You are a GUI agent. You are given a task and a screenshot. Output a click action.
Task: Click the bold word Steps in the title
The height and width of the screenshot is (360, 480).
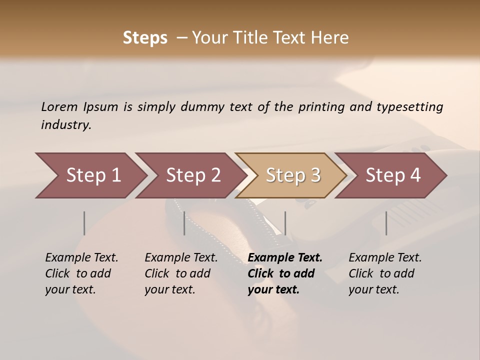(x=145, y=38)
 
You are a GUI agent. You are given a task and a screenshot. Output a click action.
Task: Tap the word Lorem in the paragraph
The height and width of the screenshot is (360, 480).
(x=59, y=106)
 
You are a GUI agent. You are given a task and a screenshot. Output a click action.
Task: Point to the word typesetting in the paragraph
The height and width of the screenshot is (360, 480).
(x=409, y=107)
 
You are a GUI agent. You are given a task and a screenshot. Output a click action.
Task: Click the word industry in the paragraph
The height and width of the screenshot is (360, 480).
(x=65, y=125)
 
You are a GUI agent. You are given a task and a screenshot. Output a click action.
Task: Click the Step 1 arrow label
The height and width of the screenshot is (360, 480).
(x=93, y=175)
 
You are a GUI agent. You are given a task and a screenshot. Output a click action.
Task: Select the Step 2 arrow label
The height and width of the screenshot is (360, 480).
(x=193, y=175)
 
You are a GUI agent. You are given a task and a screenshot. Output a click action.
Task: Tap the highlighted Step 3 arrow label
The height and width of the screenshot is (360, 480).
(x=293, y=175)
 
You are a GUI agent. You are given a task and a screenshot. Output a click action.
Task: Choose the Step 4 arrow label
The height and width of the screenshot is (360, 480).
(x=393, y=175)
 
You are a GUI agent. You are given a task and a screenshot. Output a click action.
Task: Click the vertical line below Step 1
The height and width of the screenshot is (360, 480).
(x=84, y=223)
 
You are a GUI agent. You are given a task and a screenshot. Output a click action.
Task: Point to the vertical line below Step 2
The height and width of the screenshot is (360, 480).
(x=184, y=223)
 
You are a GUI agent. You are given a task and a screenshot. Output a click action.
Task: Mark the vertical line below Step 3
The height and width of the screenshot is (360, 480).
(x=285, y=223)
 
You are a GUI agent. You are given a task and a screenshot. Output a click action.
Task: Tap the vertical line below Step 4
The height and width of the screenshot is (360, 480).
(x=386, y=223)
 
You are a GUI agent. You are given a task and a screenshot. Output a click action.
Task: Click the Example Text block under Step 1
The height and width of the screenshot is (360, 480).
(x=81, y=273)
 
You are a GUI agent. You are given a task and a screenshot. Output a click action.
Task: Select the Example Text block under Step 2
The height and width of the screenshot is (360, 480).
(x=181, y=273)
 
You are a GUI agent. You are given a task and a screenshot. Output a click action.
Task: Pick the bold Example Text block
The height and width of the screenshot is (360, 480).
(x=285, y=273)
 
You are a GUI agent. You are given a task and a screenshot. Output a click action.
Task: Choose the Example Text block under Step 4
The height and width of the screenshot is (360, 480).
(x=385, y=273)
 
